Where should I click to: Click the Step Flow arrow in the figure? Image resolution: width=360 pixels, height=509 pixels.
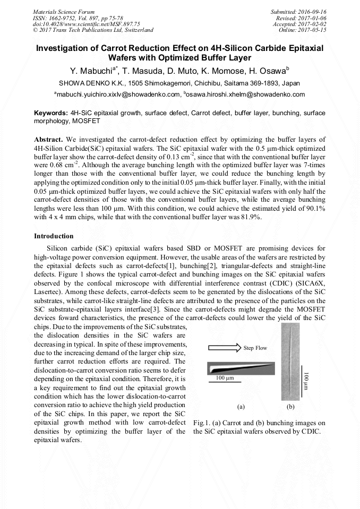[x=224, y=348]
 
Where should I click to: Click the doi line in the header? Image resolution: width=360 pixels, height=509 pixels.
[x=86, y=24]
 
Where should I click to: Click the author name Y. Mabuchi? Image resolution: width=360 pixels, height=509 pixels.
[x=91, y=71]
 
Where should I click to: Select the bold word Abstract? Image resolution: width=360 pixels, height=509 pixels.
[x=49, y=139]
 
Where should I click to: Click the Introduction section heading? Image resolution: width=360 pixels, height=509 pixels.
[x=54, y=236]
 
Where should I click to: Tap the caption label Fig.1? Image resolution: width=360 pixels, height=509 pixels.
[x=201, y=423]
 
